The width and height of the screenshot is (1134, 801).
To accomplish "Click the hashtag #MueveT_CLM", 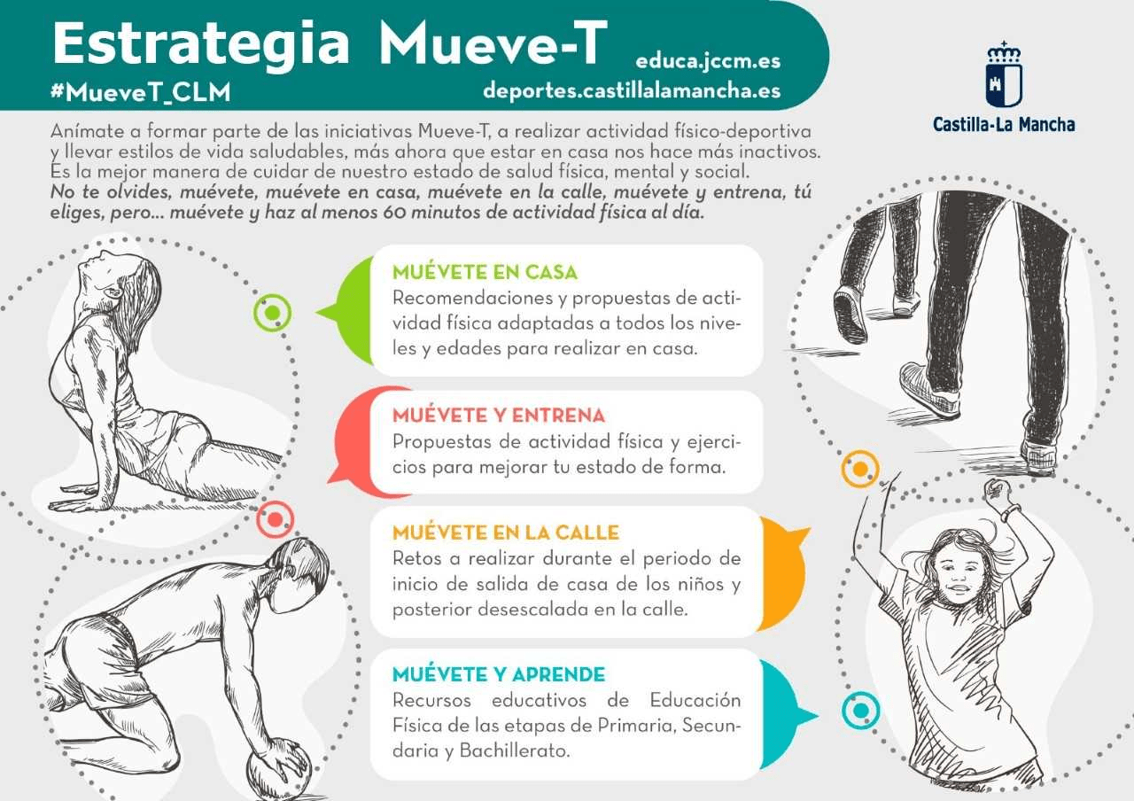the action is point(141,92).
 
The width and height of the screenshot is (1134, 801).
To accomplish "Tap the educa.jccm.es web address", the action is point(708,61).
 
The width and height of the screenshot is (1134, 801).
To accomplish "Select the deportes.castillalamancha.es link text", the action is point(632,91).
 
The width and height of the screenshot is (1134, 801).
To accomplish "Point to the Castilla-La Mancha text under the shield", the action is point(1004,125).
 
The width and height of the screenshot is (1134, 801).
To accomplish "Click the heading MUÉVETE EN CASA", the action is point(485,272).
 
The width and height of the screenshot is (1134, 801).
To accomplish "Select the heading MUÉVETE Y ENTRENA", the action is point(499,416).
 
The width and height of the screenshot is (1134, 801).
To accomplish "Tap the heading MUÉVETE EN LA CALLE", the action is point(506,533).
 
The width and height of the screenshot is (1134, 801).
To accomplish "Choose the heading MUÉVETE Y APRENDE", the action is point(499,674).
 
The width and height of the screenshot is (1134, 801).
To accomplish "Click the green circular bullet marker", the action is point(272,313).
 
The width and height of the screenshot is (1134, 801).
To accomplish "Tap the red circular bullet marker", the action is point(275,519).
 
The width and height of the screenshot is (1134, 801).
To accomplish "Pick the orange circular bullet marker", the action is point(860,469).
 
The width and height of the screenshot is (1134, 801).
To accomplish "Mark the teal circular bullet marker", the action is point(860,711).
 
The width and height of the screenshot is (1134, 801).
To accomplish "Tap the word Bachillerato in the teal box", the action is point(515,750).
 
